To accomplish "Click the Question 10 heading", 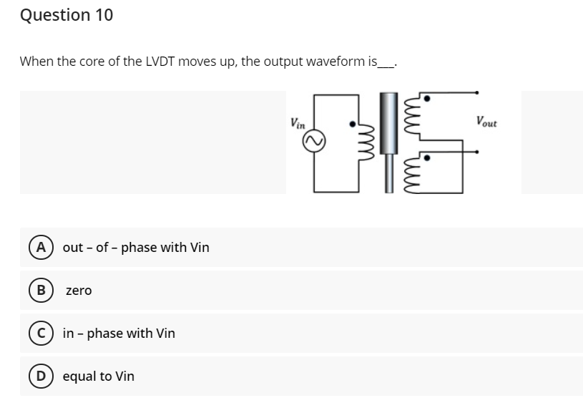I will [67, 15].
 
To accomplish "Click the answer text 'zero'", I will [79, 291].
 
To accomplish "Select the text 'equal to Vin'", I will [98, 376].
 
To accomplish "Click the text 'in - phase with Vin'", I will [119, 334].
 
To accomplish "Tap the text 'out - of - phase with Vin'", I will [136, 248].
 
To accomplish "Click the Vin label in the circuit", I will [298, 122].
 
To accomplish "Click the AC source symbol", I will [314, 144].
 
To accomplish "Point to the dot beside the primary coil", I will [352, 125].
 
